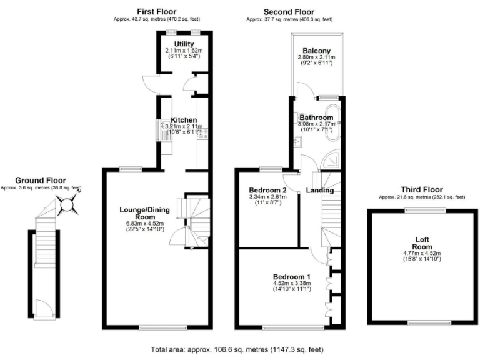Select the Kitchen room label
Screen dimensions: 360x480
point(184,120)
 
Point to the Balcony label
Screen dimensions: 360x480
point(316,51)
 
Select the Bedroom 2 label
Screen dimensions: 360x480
point(267,190)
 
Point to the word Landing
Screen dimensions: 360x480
point(319,190)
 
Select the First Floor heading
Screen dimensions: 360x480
point(156,11)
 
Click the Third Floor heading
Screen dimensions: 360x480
point(422,189)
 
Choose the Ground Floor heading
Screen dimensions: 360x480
point(41,180)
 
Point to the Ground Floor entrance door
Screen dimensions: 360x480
point(43,308)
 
